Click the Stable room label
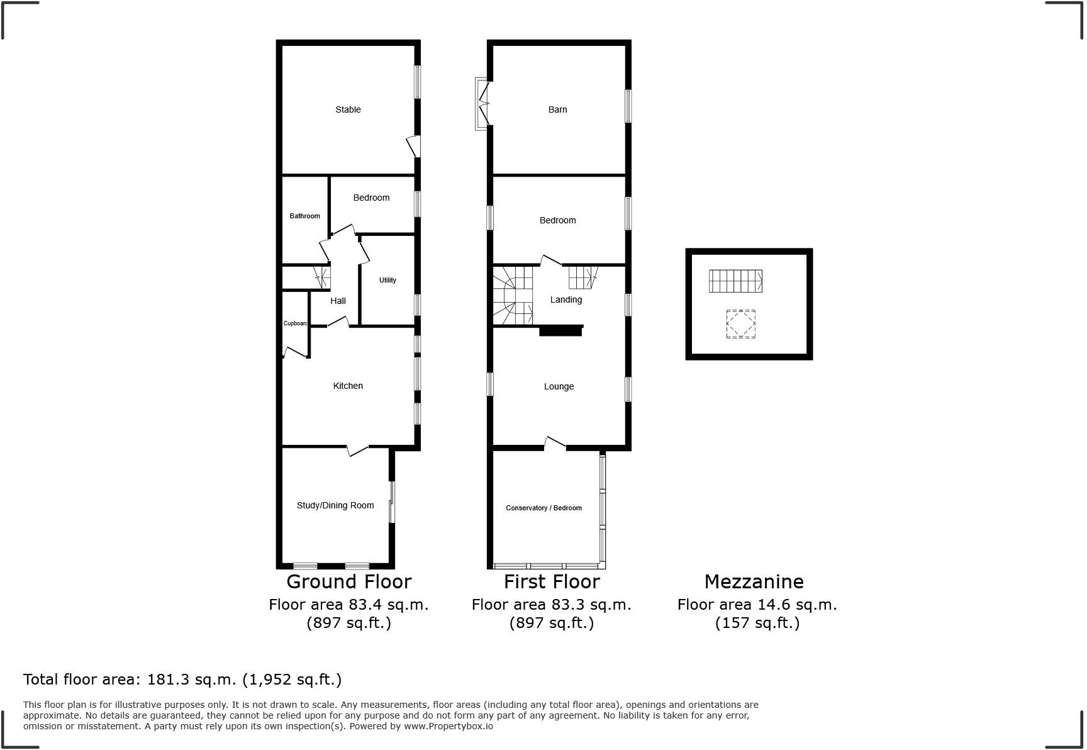pyautogui.click(x=348, y=109)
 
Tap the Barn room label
pyautogui.click(x=557, y=109)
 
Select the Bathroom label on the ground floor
pyautogui.click(x=304, y=216)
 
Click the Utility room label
pyautogui.click(x=387, y=280)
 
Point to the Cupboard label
pyautogui.click(x=295, y=323)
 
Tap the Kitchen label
pyautogui.click(x=348, y=386)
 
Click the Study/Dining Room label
pyautogui.click(x=335, y=505)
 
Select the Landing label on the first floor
pyautogui.click(x=566, y=299)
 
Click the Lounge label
pyautogui.click(x=559, y=386)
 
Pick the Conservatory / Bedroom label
pyautogui.click(x=543, y=508)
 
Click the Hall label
pyautogui.click(x=338, y=301)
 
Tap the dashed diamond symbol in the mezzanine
pyautogui.click(x=740, y=324)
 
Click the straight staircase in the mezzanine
pyautogui.click(x=735, y=281)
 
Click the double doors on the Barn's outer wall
pyautogui.click(x=482, y=104)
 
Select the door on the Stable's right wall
pyautogui.click(x=413, y=146)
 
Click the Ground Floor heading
pyautogui.click(x=348, y=581)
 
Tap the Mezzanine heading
pyautogui.click(x=754, y=581)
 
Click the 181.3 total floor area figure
pyautogui.click(x=165, y=680)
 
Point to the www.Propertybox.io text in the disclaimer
pyautogui.click(x=448, y=726)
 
